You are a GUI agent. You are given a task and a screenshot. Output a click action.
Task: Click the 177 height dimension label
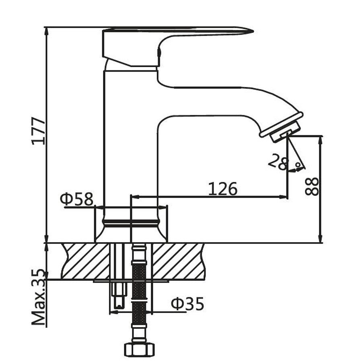click(39, 131)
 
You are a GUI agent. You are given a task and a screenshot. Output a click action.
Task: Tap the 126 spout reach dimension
click(222, 189)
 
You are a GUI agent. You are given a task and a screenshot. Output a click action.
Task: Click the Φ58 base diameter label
click(77, 199)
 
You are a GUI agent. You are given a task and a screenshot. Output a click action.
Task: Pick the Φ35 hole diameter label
click(187, 304)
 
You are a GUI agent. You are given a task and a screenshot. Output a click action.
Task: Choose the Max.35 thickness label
click(39, 297)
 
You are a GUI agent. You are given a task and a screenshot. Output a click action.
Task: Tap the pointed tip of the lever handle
click(253, 31)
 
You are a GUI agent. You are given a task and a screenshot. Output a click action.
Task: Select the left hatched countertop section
click(85, 261)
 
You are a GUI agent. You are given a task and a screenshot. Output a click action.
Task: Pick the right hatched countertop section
click(179, 261)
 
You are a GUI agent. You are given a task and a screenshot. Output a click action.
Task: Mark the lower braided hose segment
click(139, 313)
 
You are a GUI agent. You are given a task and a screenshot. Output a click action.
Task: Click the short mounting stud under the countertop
click(119, 296)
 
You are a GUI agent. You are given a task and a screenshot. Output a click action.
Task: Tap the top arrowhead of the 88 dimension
click(320, 141)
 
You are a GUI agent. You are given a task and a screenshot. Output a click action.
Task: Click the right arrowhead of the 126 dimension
click(283, 197)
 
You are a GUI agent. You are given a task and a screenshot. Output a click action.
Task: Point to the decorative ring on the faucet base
click(131, 223)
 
